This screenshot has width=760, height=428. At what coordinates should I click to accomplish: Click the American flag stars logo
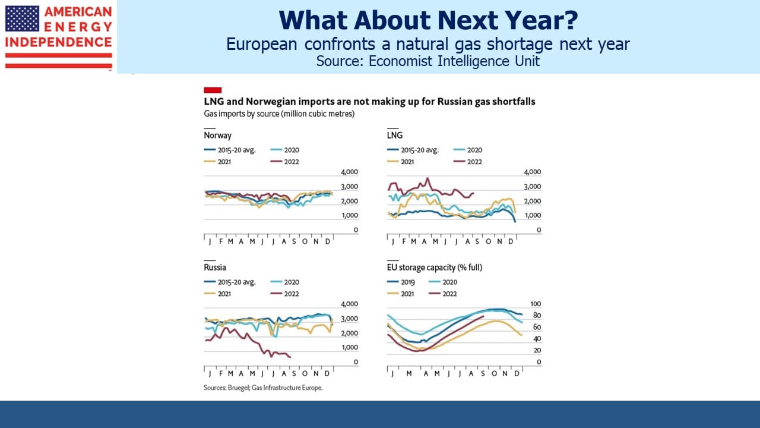coord(23,18)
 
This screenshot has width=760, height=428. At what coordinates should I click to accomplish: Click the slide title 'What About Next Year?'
coord(428,20)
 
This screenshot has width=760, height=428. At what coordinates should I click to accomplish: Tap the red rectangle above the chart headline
coord(213,90)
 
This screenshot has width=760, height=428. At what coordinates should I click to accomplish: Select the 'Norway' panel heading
coord(217,135)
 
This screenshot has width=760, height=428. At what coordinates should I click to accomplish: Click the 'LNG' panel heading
coord(395,135)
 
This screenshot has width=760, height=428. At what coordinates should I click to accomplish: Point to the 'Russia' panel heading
coord(215,267)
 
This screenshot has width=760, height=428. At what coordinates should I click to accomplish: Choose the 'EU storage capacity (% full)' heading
coord(434,267)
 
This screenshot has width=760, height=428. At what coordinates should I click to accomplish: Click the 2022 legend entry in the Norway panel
coord(285,162)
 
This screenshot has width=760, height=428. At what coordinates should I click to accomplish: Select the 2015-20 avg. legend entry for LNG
coord(413,150)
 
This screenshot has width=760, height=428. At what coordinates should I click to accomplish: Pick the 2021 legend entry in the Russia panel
coord(217,294)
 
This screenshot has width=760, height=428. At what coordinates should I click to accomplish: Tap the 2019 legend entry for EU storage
coord(401,282)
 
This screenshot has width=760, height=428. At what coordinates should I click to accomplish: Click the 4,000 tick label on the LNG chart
coord(533,172)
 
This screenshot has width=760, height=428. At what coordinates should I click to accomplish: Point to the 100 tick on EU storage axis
coord(536,304)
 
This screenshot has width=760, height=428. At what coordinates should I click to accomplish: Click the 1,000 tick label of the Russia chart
coord(350,348)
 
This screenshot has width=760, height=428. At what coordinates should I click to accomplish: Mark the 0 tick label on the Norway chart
coord(356,230)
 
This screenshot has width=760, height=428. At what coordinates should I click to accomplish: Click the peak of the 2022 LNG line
coord(427,178)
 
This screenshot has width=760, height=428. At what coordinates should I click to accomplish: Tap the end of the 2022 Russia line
coord(290,357)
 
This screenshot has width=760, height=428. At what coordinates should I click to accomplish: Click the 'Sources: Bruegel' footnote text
coord(263,388)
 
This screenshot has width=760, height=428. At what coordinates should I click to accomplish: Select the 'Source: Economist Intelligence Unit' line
coord(428,61)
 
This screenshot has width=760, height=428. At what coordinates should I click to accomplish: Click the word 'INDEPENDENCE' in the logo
coord(58,42)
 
